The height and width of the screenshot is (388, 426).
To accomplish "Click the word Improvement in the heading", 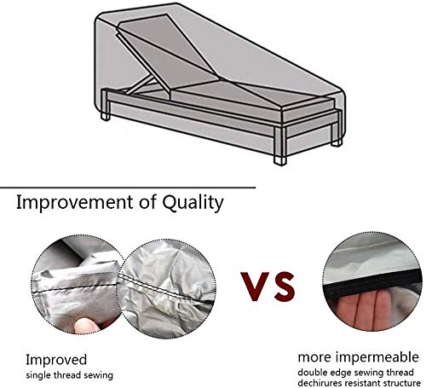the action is coord(75,202).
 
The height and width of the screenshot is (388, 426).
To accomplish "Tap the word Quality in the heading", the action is coord(193,203).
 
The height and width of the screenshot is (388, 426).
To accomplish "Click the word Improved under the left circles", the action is coord(56,361).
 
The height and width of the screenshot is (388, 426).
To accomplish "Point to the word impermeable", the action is coord(377,358).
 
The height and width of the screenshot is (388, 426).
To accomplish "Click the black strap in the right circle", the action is coord(372,281).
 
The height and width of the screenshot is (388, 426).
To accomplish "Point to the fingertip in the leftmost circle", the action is coord(83,326).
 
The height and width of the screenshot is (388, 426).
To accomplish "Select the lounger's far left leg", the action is coord(106,117).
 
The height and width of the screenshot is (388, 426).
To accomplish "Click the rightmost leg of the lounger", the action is coord(337,142).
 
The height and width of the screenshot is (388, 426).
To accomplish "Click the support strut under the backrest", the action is coord(139,84).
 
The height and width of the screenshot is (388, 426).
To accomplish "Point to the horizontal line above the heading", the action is coord(128,188).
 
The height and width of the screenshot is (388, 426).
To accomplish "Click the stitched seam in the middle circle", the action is coord(168,288).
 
